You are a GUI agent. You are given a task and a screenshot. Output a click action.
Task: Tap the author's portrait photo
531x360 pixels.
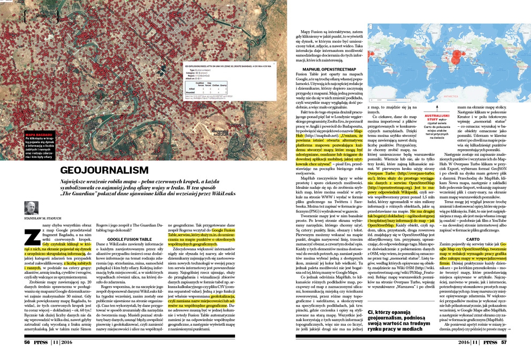32,208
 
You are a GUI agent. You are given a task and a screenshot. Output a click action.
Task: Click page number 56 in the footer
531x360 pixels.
27,342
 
